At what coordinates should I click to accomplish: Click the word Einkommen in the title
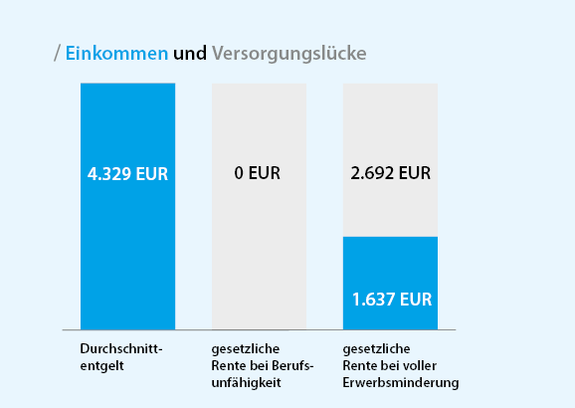(116, 53)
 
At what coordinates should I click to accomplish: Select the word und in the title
(190, 53)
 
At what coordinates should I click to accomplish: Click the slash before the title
(58, 53)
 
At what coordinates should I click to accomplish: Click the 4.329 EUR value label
(127, 173)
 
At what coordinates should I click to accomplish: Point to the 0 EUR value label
(258, 173)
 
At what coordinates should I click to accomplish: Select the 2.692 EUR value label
(390, 173)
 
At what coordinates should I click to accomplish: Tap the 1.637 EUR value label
(391, 298)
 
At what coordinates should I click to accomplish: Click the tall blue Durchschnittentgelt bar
(127, 249)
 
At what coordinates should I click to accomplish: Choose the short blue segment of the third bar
(390, 269)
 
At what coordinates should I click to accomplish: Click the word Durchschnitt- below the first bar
(120, 350)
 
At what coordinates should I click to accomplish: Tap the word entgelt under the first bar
(102, 366)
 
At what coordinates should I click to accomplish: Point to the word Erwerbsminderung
(401, 382)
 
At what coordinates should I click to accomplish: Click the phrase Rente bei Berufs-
(263, 366)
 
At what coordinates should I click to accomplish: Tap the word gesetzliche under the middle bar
(245, 350)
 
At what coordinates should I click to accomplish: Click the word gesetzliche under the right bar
(376, 350)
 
